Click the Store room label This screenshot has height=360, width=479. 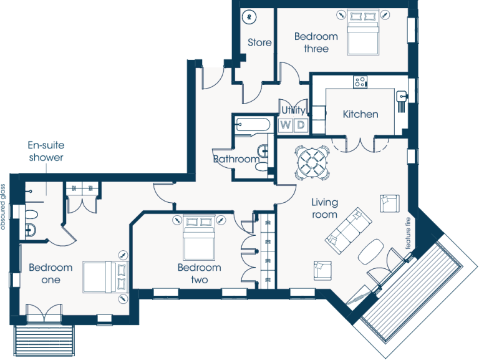[x=259, y=42]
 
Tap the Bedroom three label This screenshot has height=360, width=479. [x=316, y=42]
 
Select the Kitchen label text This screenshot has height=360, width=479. [x=360, y=114]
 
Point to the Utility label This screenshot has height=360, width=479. [x=293, y=110]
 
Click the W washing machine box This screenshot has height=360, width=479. [x=286, y=125]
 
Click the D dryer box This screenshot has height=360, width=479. [x=301, y=125]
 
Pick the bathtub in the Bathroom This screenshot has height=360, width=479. [x=253, y=125]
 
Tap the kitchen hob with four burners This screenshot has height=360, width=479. [x=360, y=82]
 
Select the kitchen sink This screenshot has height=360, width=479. [x=401, y=97]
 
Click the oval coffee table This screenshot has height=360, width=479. [x=370, y=251]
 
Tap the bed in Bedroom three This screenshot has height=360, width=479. [x=363, y=32]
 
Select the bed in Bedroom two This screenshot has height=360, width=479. [x=199, y=238]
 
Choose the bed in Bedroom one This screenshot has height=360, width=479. [x=105, y=277]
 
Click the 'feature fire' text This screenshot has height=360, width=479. [x=408, y=233]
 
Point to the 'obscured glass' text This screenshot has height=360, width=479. [x=3, y=207]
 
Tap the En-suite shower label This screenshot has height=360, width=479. [x=46, y=151]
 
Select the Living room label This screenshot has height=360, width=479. [x=324, y=208]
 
